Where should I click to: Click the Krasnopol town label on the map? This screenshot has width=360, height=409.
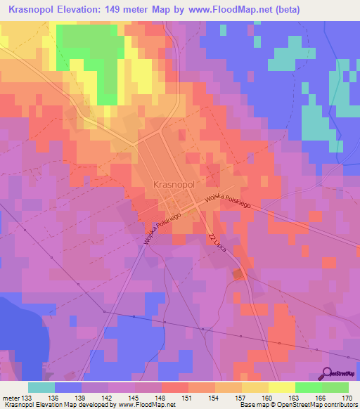click(x=173, y=184)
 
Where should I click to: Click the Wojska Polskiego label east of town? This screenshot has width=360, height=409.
click(x=228, y=201)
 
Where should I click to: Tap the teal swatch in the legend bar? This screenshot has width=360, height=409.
click(x=41, y=387)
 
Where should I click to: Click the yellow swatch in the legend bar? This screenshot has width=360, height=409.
click(x=282, y=387)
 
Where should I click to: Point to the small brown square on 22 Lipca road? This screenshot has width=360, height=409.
click(x=238, y=274)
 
